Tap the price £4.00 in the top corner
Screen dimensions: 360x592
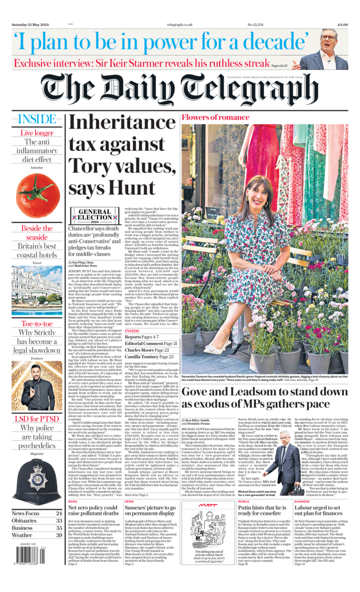tap(342, 25)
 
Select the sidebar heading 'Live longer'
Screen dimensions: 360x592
tap(37, 133)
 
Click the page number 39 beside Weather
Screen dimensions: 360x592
tap(59, 535)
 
